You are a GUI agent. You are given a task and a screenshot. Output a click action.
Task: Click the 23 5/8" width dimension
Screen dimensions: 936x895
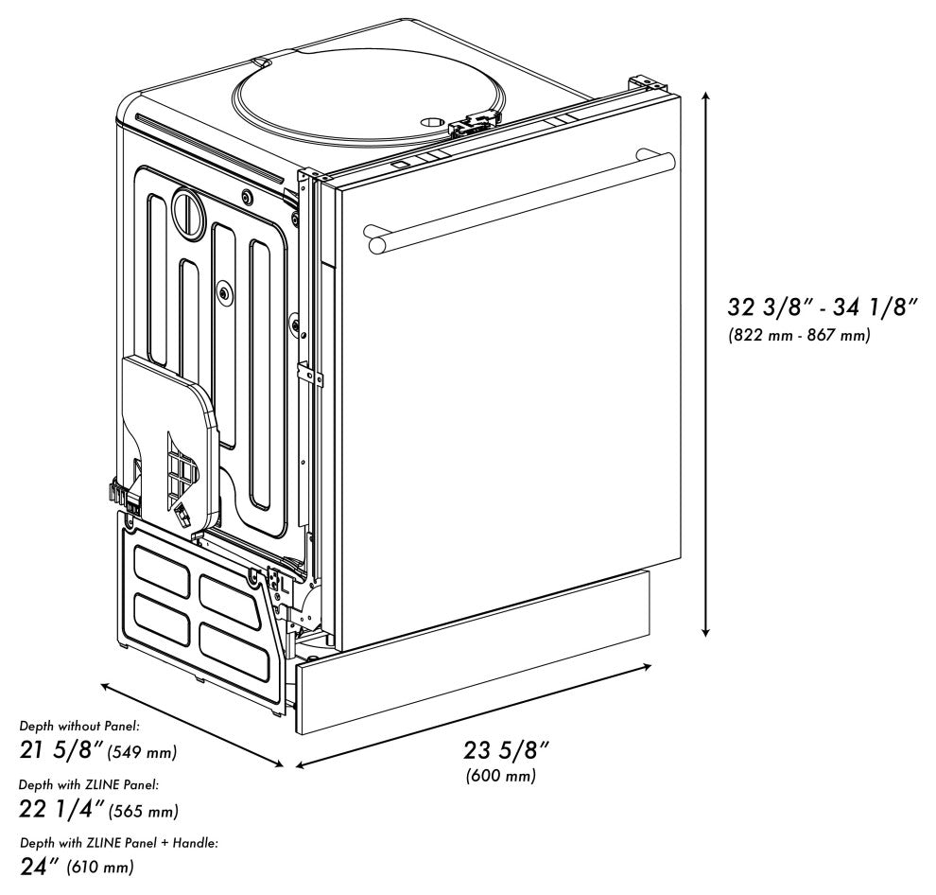506,750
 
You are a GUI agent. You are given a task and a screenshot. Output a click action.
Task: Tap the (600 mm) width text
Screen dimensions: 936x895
501,776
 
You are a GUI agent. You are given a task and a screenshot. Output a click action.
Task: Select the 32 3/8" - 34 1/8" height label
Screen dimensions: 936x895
822,307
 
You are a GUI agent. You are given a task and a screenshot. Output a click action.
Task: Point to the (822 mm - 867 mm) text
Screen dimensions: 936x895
799,335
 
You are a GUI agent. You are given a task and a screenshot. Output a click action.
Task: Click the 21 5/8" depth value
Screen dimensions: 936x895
62,750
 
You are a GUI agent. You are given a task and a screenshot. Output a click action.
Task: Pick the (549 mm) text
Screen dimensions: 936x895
142,751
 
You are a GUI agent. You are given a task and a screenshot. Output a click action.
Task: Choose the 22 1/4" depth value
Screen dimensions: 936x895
62,809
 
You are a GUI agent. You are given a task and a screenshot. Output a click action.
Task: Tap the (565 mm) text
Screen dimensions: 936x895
144,811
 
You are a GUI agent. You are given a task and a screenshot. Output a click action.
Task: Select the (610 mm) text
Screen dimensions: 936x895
100,867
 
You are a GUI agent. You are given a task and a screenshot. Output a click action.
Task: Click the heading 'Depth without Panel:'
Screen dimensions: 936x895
79,726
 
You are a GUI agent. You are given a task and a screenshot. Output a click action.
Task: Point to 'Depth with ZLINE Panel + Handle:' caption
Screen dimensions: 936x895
119,843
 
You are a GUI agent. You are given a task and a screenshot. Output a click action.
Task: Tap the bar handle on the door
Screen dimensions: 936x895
519,202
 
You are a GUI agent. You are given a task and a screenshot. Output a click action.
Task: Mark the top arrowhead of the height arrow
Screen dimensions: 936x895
705,97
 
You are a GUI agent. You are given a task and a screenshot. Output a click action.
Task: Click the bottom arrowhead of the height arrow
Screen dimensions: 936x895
705,631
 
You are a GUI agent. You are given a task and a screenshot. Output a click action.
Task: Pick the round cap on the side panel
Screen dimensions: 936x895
189,213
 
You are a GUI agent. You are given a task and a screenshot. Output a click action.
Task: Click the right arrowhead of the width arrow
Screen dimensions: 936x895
646,666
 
